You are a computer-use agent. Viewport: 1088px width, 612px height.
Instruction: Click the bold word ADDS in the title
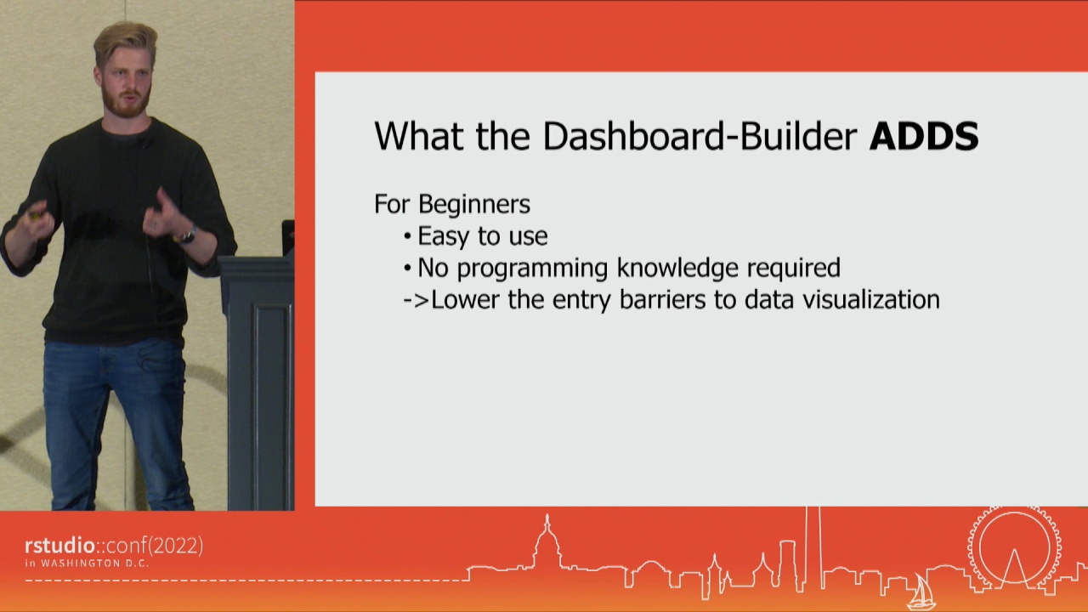[923, 137]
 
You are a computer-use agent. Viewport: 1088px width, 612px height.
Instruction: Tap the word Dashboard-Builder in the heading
[700, 137]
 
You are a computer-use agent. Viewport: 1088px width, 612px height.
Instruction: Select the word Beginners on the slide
[474, 204]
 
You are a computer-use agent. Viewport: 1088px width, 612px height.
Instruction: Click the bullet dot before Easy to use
[407, 237]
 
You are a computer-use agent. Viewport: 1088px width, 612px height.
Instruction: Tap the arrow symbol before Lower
[416, 300]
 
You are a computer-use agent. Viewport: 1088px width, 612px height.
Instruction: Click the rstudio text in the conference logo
[59, 546]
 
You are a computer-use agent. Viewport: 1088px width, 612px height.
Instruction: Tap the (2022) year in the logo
[175, 546]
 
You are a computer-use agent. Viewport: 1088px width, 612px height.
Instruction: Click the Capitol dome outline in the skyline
[547, 543]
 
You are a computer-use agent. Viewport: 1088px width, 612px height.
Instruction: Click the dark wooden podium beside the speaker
[258, 379]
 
